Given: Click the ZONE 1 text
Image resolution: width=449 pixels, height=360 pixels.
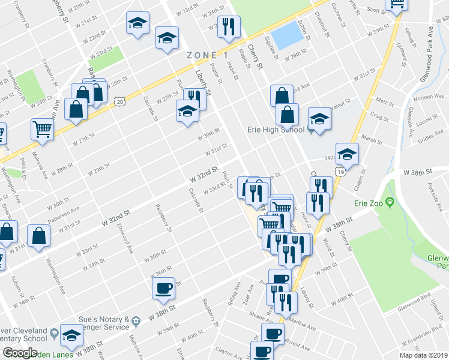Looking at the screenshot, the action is [207, 55].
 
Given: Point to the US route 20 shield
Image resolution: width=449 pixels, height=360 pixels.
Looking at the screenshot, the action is [120, 103].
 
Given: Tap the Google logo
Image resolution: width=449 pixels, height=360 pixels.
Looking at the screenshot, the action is [20, 353].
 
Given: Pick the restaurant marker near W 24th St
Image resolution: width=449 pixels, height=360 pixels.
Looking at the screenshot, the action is [228, 26].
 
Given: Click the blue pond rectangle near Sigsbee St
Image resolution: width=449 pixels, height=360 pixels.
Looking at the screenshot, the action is [287, 35].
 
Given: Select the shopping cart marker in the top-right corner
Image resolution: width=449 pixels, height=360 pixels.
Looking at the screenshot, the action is [397, 4].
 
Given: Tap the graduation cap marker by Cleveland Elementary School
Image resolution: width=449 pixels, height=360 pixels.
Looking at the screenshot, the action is [71, 335].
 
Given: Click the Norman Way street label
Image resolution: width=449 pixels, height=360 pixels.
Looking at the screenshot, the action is [427, 97].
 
